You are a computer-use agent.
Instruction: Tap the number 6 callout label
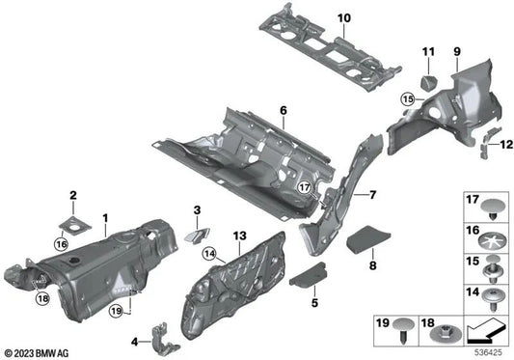284,111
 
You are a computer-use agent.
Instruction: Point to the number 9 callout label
457,48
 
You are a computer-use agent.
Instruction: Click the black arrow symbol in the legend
487,334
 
